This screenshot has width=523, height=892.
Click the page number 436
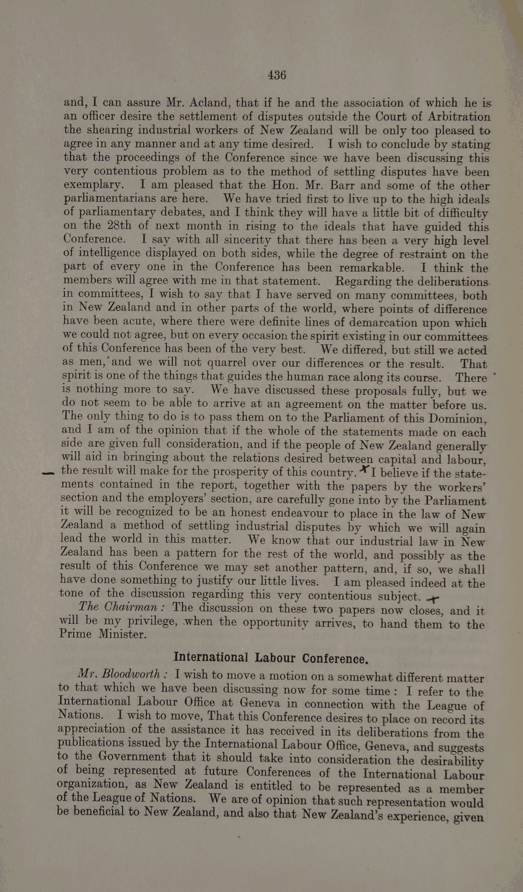pos(277,75)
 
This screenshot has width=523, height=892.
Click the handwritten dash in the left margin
pos(48,473)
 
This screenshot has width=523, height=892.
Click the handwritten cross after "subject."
pos(433,598)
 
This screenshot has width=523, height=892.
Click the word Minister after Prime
pos(123,635)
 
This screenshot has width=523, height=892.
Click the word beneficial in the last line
pos(98,811)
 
